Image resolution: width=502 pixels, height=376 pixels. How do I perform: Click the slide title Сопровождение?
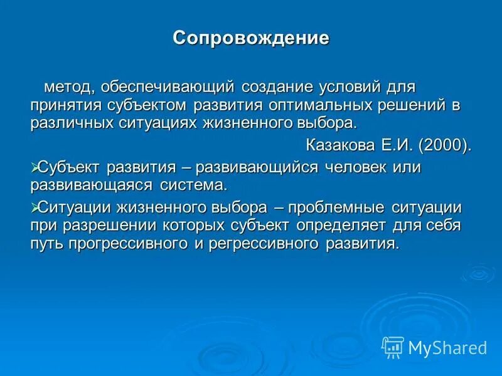coord(251,38)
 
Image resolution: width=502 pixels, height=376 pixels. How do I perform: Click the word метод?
coord(66,85)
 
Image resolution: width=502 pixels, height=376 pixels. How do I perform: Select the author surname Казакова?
coord(340,145)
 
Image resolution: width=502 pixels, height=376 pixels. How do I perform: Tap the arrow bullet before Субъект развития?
coord(35,167)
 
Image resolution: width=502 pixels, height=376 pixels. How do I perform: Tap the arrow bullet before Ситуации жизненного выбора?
coord(35,206)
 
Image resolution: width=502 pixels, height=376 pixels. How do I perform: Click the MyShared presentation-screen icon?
coord(393,347)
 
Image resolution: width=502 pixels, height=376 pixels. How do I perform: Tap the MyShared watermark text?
coord(447,347)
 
